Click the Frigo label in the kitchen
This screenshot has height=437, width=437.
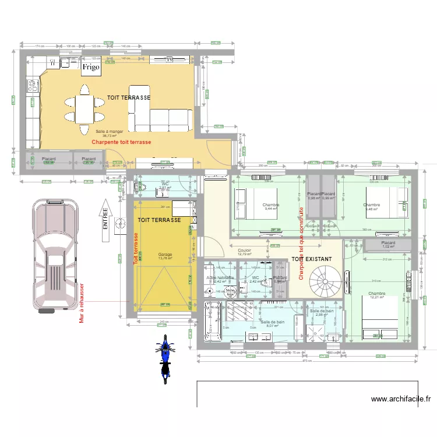[x=91, y=68]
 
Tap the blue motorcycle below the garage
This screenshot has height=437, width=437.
[x=165, y=355]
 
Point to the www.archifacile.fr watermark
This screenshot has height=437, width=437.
[x=401, y=399]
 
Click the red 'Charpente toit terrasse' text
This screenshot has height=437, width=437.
[x=122, y=142]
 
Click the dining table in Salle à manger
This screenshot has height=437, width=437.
[x=85, y=107]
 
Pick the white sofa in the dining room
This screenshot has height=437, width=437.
[x=163, y=119]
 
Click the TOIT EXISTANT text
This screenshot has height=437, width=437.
[x=311, y=258]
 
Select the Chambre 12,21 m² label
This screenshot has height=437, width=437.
[x=376, y=296]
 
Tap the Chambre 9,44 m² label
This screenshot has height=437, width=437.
[x=271, y=206]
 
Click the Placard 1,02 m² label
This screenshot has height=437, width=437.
[x=388, y=245]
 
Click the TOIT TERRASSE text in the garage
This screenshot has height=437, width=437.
[x=159, y=220]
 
